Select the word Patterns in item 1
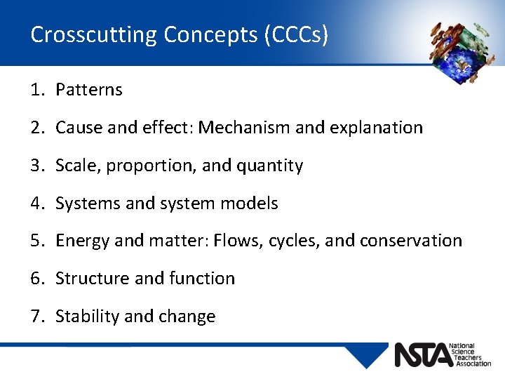pyautogui.click(x=89, y=90)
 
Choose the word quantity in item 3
pyautogui.click(x=270, y=166)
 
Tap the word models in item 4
pyautogui.click(x=249, y=204)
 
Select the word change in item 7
pyautogui.click(x=187, y=317)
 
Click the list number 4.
pyautogui.click(x=36, y=204)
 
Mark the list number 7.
pyautogui.click(x=36, y=317)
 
